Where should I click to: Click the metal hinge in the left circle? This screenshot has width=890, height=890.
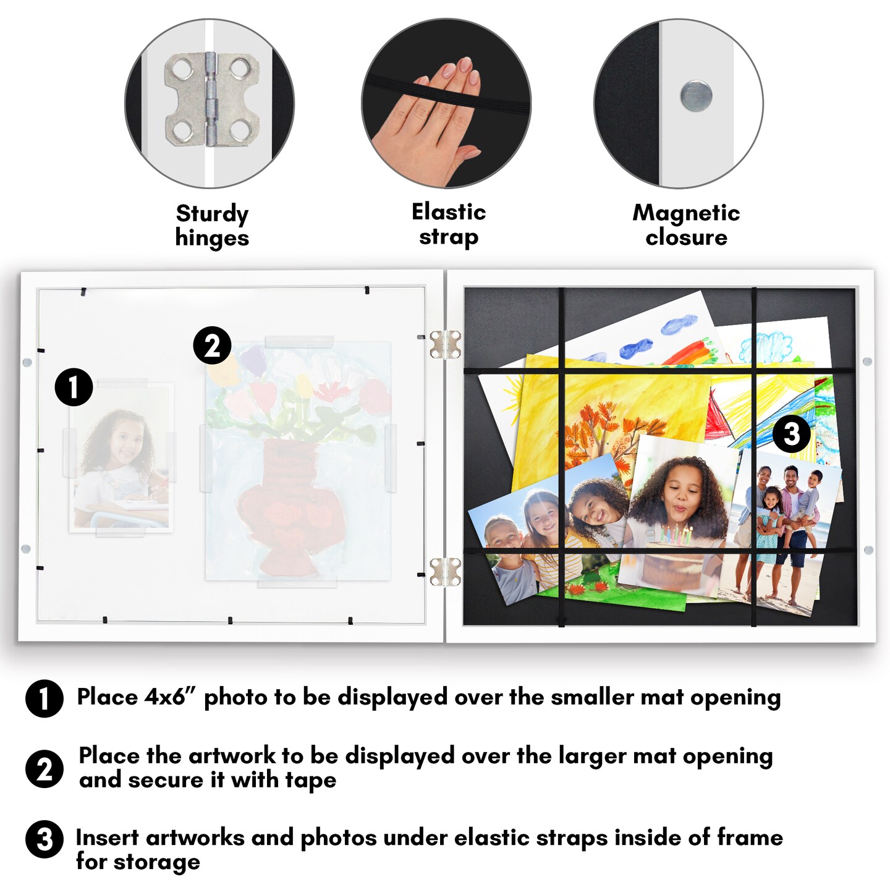click(212, 100)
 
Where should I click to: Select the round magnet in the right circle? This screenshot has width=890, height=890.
click(695, 96)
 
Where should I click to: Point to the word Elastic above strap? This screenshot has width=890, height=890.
click(449, 213)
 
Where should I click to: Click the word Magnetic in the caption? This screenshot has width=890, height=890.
click(686, 213)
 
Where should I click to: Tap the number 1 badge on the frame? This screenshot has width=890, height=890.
click(74, 387)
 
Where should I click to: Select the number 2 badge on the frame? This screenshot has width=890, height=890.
click(212, 345)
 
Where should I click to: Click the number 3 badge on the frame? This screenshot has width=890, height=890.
click(792, 434)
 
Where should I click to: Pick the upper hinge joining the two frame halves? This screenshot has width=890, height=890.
click(445, 344)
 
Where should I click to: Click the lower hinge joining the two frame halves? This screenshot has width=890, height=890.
click(445, 571)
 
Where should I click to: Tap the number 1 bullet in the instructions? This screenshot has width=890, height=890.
click(44, 698)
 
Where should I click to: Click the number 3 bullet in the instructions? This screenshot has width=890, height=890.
click(44, 839)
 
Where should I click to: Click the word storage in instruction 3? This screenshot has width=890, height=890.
click(156, 862)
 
